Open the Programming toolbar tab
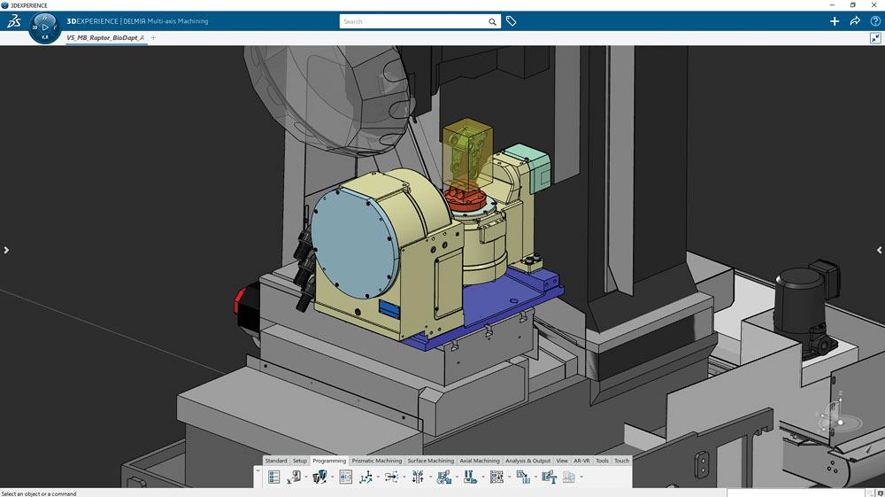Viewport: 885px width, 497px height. point(329,461)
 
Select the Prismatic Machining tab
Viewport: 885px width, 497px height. point(377,461)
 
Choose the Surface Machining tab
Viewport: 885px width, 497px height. point(431,461)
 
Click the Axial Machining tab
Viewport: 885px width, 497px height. point(480,461)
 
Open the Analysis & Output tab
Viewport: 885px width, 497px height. point(527,461)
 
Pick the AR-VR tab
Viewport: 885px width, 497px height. point(581,461)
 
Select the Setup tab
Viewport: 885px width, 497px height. point(300,461)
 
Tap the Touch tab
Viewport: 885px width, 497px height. point(621,461)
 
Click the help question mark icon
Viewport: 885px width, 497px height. point(875,21)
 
